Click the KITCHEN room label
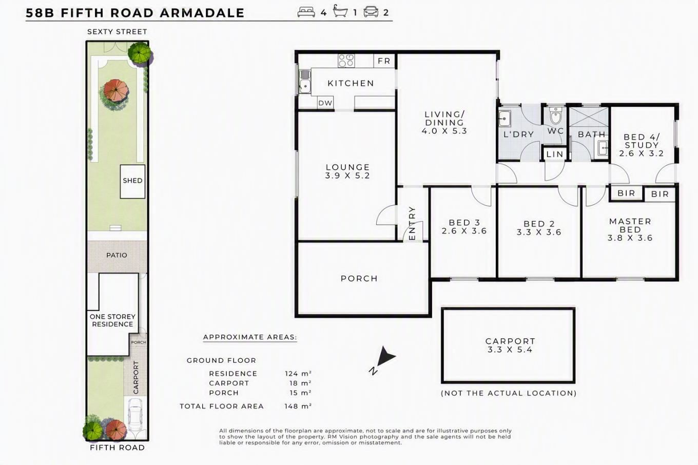coord(351,83)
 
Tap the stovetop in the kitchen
coord(346,61)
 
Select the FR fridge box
coord(384,61)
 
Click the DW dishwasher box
coord(325,103)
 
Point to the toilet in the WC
coord(555,115)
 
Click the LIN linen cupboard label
coord(555,154)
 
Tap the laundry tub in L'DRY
coord(505,119)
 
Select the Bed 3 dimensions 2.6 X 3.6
coord(464,231)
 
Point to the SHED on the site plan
coord(132,181)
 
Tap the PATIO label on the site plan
coord(117,255)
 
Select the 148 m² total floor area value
coord(298,406)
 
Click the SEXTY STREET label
coord(117,32)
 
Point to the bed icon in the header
coord(306,12)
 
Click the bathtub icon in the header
coord(340,11)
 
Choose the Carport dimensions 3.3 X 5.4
coord(510,350)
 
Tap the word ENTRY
coord(412,223)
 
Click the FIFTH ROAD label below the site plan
coord(118,448)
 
